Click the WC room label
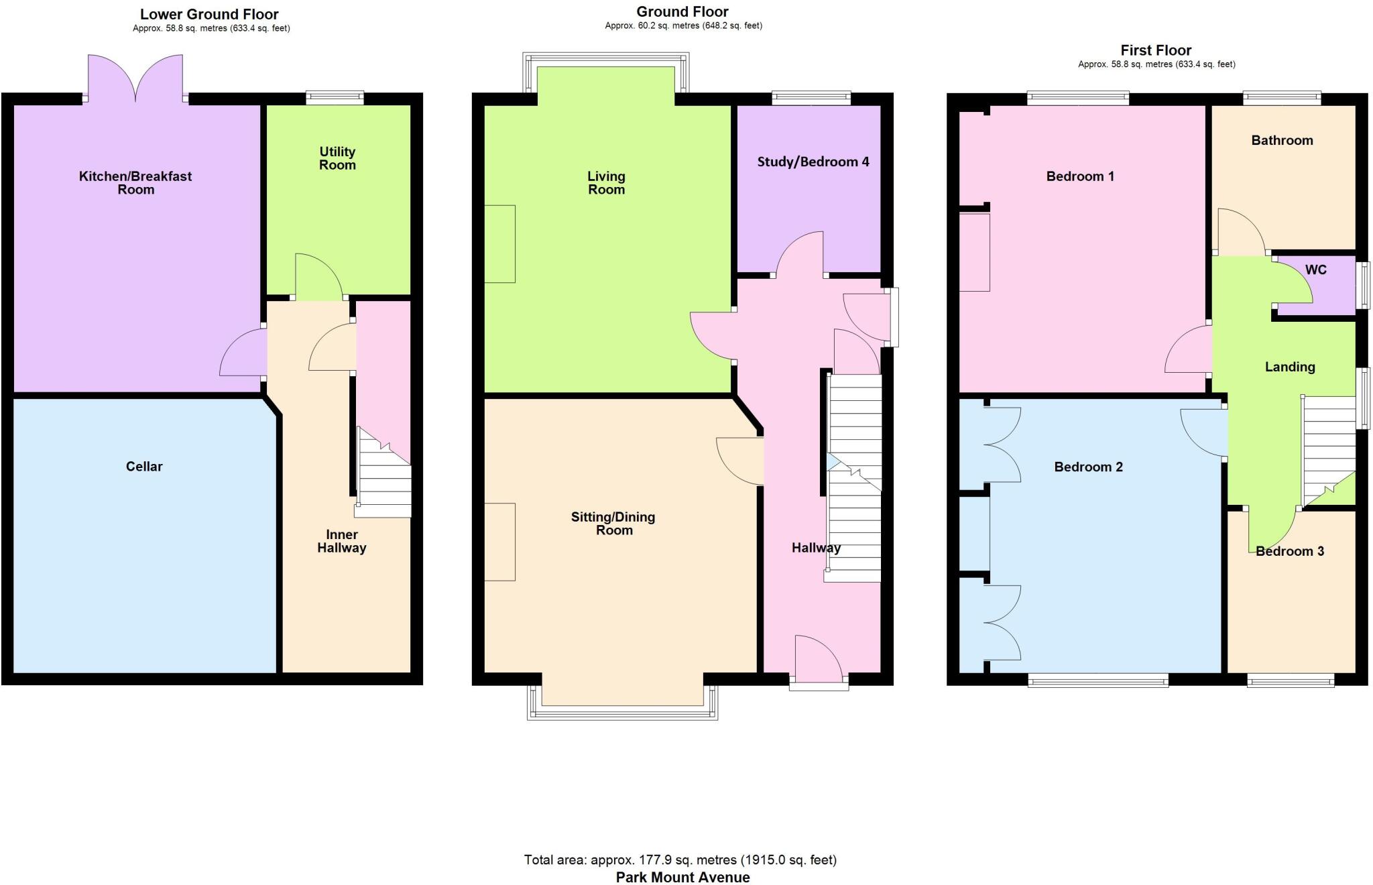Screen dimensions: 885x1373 [1315, 270]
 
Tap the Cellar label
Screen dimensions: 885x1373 [144, 467]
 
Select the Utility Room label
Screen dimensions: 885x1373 [337, 158]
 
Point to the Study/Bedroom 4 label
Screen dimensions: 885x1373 [813, 162]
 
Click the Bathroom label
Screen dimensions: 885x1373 [1282, 140]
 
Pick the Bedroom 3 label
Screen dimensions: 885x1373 [1289, 551]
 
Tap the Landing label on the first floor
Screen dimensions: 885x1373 [1289, 367]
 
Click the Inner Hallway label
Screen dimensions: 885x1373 [341, 541]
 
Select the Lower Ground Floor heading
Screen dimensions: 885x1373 [209, 14]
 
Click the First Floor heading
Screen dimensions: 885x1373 [1156, 50]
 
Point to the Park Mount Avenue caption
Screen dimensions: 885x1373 [682, 877]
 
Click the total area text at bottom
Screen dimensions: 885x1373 [680, 860]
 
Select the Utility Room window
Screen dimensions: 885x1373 [335, 98]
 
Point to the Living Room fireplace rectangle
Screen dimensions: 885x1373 [499, 243]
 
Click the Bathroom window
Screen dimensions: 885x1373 [1282, 98]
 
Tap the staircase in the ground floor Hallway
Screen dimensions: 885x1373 [855, 477]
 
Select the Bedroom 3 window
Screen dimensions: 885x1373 [1290, 681]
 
